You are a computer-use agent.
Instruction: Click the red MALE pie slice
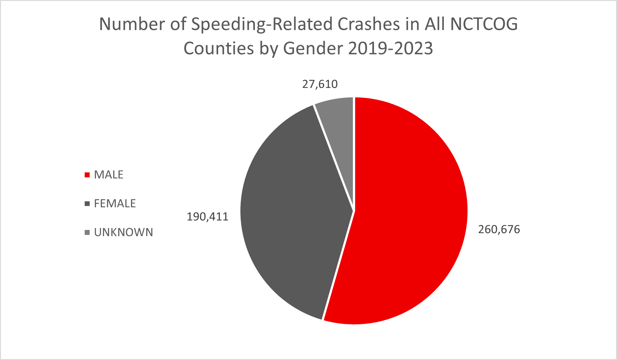tap(411, 218)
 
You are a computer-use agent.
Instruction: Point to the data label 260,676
tap(499, 230)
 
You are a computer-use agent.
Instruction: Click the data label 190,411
tap(207, 217)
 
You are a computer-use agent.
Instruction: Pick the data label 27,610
tap(320, 84)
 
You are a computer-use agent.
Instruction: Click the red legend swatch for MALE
tap(87, 175)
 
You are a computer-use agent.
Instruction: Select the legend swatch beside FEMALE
tap(87, 204)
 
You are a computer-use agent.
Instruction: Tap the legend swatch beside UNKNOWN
tap(87, 232)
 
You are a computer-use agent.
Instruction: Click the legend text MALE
tap(109, 175)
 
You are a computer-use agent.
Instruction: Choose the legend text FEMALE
tap(115, 204)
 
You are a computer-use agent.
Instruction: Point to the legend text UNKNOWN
tap(124, 232)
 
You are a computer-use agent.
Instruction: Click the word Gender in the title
tap(312, 49)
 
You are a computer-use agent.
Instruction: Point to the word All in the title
tap(435, 24)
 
